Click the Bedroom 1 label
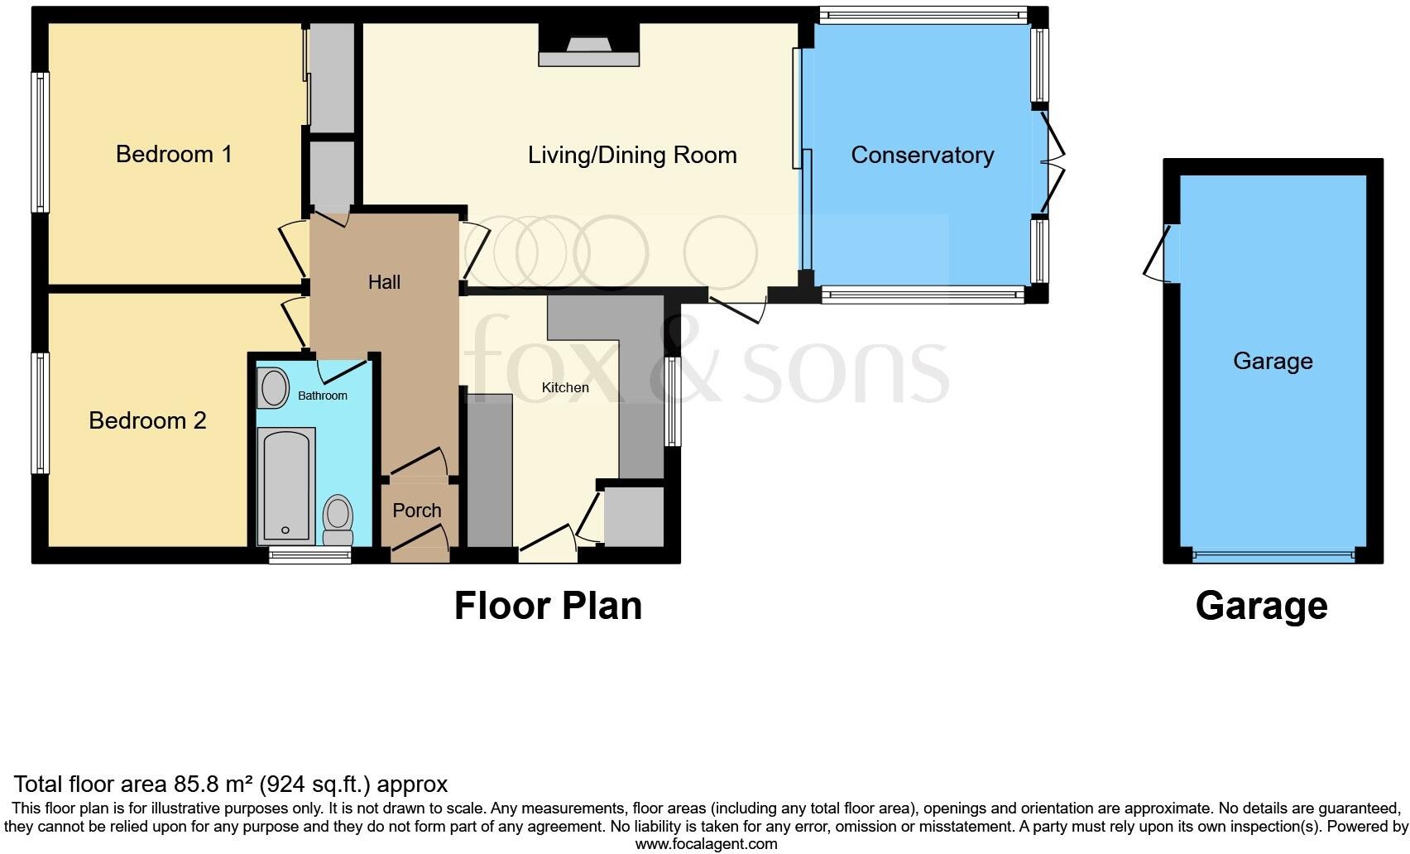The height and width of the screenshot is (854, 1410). (x=174, y=154)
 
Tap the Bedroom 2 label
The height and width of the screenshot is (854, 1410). (x=147, y=420)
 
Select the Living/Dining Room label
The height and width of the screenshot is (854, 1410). (x=632, y=155)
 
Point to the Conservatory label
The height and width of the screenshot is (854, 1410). (x=922, y=155)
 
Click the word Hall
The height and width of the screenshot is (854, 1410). (x=384, y=282)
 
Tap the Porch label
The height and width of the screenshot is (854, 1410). (x=416, y=511)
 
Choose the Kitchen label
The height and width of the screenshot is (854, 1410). (x=565, y=387)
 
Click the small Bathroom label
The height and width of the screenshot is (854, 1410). (x=322, y=396)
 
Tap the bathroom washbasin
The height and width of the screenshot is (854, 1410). (x=273, y=387)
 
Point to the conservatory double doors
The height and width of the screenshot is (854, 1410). (x=1051, y=162)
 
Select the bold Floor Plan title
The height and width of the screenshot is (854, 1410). (x=548, y=606)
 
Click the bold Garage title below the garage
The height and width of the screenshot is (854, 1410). (x=1261, y=606)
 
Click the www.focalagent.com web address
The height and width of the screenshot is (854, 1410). (x=706, y=844)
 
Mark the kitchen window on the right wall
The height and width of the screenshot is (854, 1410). (x=673, y=401)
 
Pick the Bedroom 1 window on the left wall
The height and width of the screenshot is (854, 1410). (x=40, y=142)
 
